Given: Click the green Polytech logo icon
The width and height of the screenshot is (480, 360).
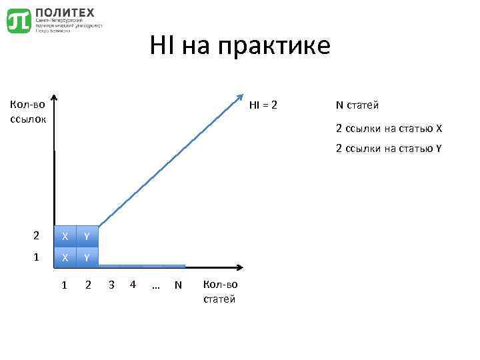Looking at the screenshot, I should pyautogui.click(x=19, y=21).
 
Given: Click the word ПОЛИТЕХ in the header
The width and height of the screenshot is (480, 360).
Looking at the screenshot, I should pyautogui.click(x=65, y=12).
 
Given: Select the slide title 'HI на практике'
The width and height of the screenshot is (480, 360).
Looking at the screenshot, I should pyautogui.click(x=240, y=46).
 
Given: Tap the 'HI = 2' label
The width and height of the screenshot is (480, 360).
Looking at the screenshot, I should pyautogui.click(x=263, y=105).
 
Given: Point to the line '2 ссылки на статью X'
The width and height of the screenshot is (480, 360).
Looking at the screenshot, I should pyautogui.click(x=389, y=128).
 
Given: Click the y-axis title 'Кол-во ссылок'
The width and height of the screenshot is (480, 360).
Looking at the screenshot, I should pyautogui.click(x=27, y=111).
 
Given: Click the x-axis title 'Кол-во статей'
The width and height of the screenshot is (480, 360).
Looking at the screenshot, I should pyautogui.click(x=219, y=291).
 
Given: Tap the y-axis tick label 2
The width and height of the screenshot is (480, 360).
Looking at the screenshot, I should pyautogui.click(x=36, y=235).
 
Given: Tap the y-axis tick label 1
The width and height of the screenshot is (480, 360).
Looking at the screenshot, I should pyautogui.click(x=36, y=256).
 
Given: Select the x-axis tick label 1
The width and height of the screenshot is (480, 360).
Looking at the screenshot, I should pyautogui.click(x=64, y=285).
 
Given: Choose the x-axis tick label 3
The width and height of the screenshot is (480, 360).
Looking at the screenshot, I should pyautogui.click(x=111, y=285).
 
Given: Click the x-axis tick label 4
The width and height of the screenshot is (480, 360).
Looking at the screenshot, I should pyautogui.click(x=133, y=285).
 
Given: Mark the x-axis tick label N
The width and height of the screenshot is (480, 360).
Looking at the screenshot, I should pyautogui.click(x=178, y=285).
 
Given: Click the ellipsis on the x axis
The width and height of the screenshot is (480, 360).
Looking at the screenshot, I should pyautogui.click(x=155, y=285).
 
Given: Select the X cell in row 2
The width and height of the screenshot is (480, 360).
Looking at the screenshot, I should pyautogui.click(x=65, y=236).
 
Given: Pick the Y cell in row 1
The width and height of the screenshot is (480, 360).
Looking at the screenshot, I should pyautogui.click(x=87, y=257).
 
